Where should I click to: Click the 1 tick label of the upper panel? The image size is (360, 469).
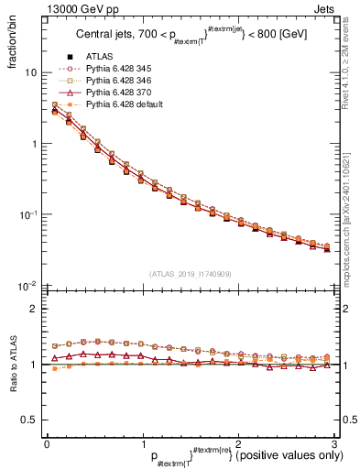coord(34,144)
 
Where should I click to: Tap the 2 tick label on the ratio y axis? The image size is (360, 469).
coord(34,309)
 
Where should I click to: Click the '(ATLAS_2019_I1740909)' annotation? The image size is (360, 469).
coord(190,275)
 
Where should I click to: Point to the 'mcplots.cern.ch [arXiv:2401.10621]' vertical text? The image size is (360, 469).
coord(350,202)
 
